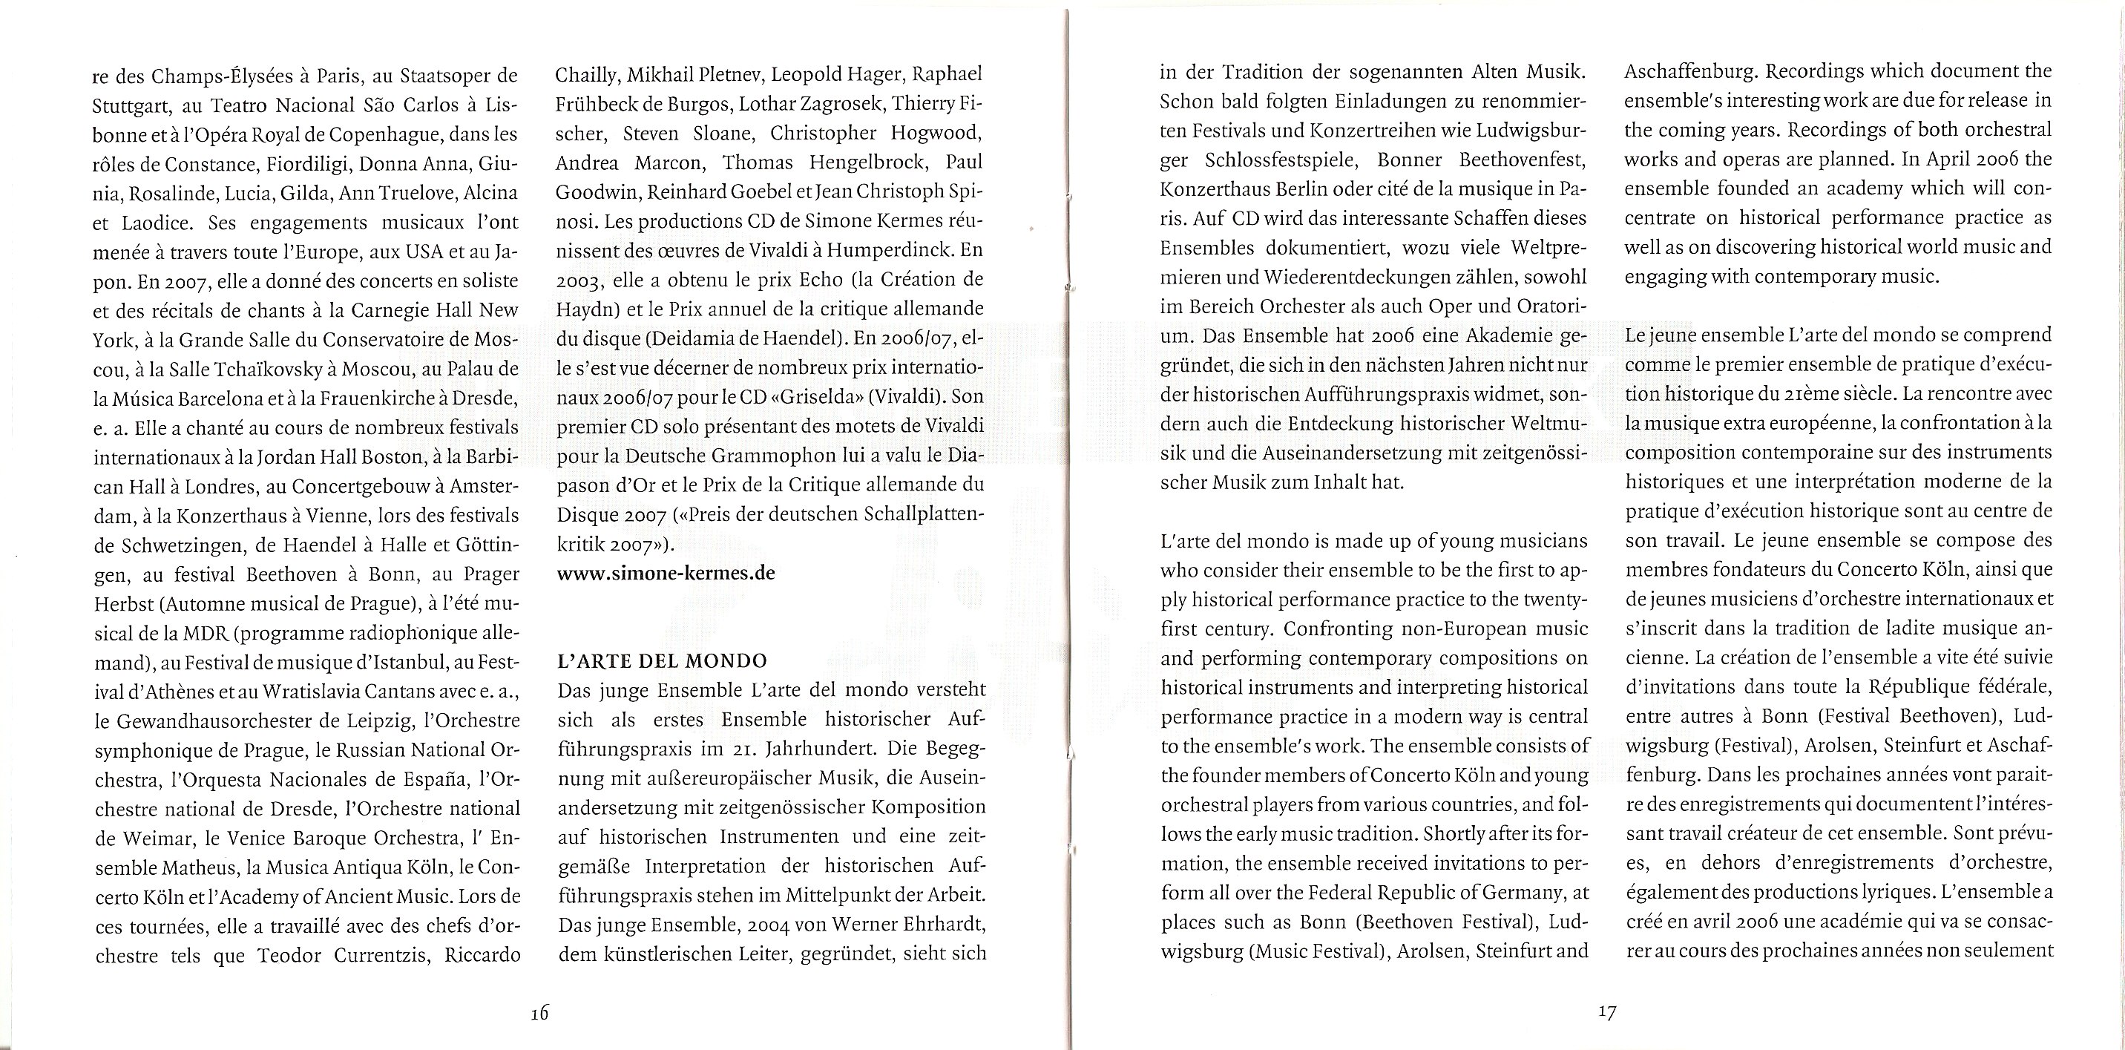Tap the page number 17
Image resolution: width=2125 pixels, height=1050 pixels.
pyautogui.click(x=1606, y=1012)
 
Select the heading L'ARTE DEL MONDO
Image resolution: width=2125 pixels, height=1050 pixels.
pyautogui.click(x=663, y=660)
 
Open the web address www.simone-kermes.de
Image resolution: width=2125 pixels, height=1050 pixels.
pyautogui.click(x=666, y=572)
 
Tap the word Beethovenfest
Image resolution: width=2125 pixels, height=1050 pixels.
pyautogui.click(x=1522, y=160)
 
